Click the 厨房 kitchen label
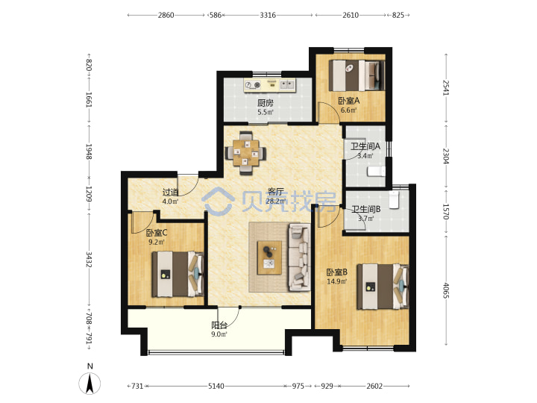[266, 103]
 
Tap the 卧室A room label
[348, 101]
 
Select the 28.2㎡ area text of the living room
[276, 201]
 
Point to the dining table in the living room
[245, 153]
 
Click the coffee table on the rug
[269, 257]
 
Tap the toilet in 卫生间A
[376, 172]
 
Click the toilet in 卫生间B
[395, 200]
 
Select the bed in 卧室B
[383, 287]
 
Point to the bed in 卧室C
[178, 274]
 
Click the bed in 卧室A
[357, 75]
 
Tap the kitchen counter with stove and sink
[269, 84]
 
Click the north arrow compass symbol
[89, 383]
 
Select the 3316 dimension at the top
[268, 15]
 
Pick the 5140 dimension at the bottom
[216, 387]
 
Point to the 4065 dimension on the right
[445, 290]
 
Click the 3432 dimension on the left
[89, 260]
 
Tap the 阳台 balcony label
[219, 325]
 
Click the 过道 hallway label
[171, 193]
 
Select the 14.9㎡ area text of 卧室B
[337, 281]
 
